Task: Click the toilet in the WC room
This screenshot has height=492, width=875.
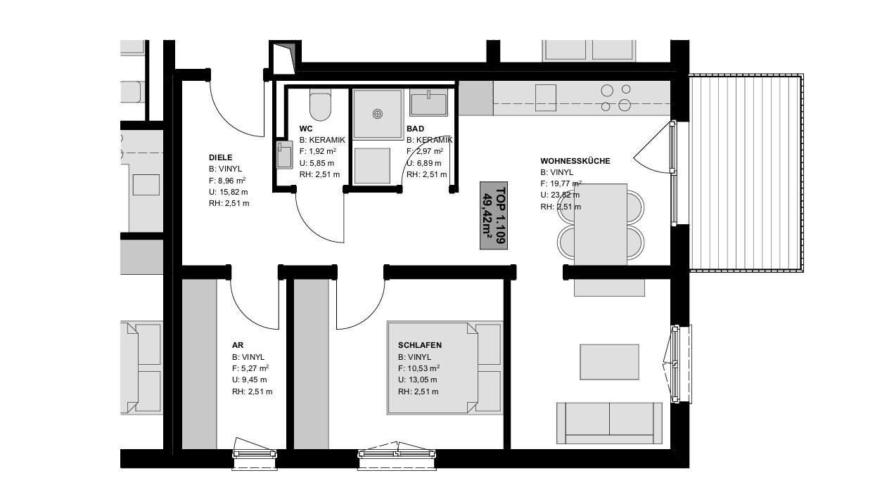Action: point(320,105)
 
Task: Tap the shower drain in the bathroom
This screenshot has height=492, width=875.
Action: point(377,114)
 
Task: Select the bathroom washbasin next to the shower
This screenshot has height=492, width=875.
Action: point(428,103)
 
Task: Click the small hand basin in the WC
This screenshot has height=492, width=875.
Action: point(284,155)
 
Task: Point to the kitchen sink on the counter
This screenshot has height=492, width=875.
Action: point(545,98)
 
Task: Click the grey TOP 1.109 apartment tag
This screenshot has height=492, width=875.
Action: point(494,215)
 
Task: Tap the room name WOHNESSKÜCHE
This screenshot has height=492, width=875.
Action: point(575,161)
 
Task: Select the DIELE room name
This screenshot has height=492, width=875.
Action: point(221,157)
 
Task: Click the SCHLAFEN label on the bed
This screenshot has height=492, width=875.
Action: point(420,345)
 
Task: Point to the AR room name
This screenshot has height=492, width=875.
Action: point(238,345)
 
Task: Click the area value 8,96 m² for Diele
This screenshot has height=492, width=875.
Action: point(231,181)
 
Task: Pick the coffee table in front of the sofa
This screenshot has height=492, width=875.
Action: point(609,362)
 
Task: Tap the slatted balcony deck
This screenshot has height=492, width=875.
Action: point(746,173)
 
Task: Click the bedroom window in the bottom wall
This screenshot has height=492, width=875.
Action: point(397,455)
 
